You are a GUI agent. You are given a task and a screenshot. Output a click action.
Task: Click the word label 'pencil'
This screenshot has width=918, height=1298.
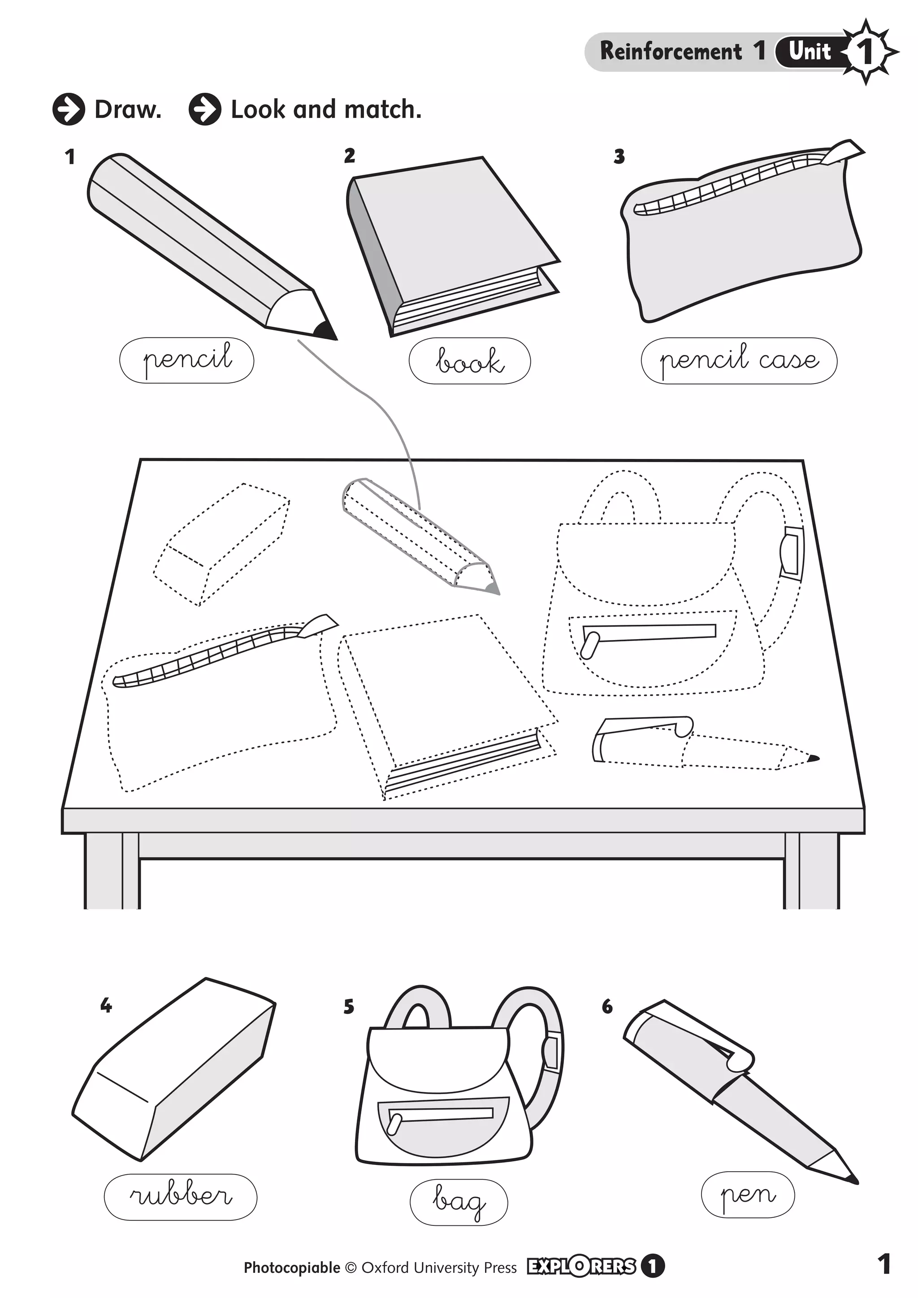click(x=186, y=360)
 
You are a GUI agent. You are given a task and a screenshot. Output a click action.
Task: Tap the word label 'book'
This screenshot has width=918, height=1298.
click(x=469, y=361)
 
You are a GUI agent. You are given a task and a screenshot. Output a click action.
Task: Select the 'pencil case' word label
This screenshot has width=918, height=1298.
click(x=738, y=361)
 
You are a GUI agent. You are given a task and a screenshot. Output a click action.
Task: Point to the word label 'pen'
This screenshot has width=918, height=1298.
click(x=747, y=1194)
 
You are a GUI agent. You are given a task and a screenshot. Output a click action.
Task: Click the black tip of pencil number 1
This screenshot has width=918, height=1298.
click(x=325, y=331)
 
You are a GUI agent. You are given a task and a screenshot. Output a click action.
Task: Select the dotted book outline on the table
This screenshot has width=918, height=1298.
click(x=446, y=701)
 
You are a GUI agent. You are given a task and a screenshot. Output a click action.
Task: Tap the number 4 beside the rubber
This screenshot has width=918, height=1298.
click(x=106, y=1006)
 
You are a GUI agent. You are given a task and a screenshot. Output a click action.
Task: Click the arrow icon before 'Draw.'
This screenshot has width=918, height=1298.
click(x=69, y=109)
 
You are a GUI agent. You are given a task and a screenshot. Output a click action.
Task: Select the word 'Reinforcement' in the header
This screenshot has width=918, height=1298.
click(x=671, y=52)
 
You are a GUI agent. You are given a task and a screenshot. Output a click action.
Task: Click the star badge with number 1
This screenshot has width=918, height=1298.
click(x=865, y=52)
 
